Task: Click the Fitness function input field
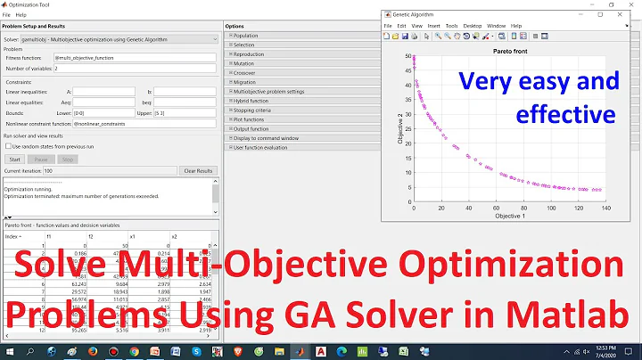pyautogui.click(x=135, y=58)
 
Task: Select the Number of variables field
pyautogui.click(x=135, y=68)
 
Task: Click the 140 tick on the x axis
pyautogui.click(x=607, y=209)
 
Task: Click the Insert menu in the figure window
pyautogui.click(x=433, y=26)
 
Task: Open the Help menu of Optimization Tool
pyautogui.click(x=21, y=15)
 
